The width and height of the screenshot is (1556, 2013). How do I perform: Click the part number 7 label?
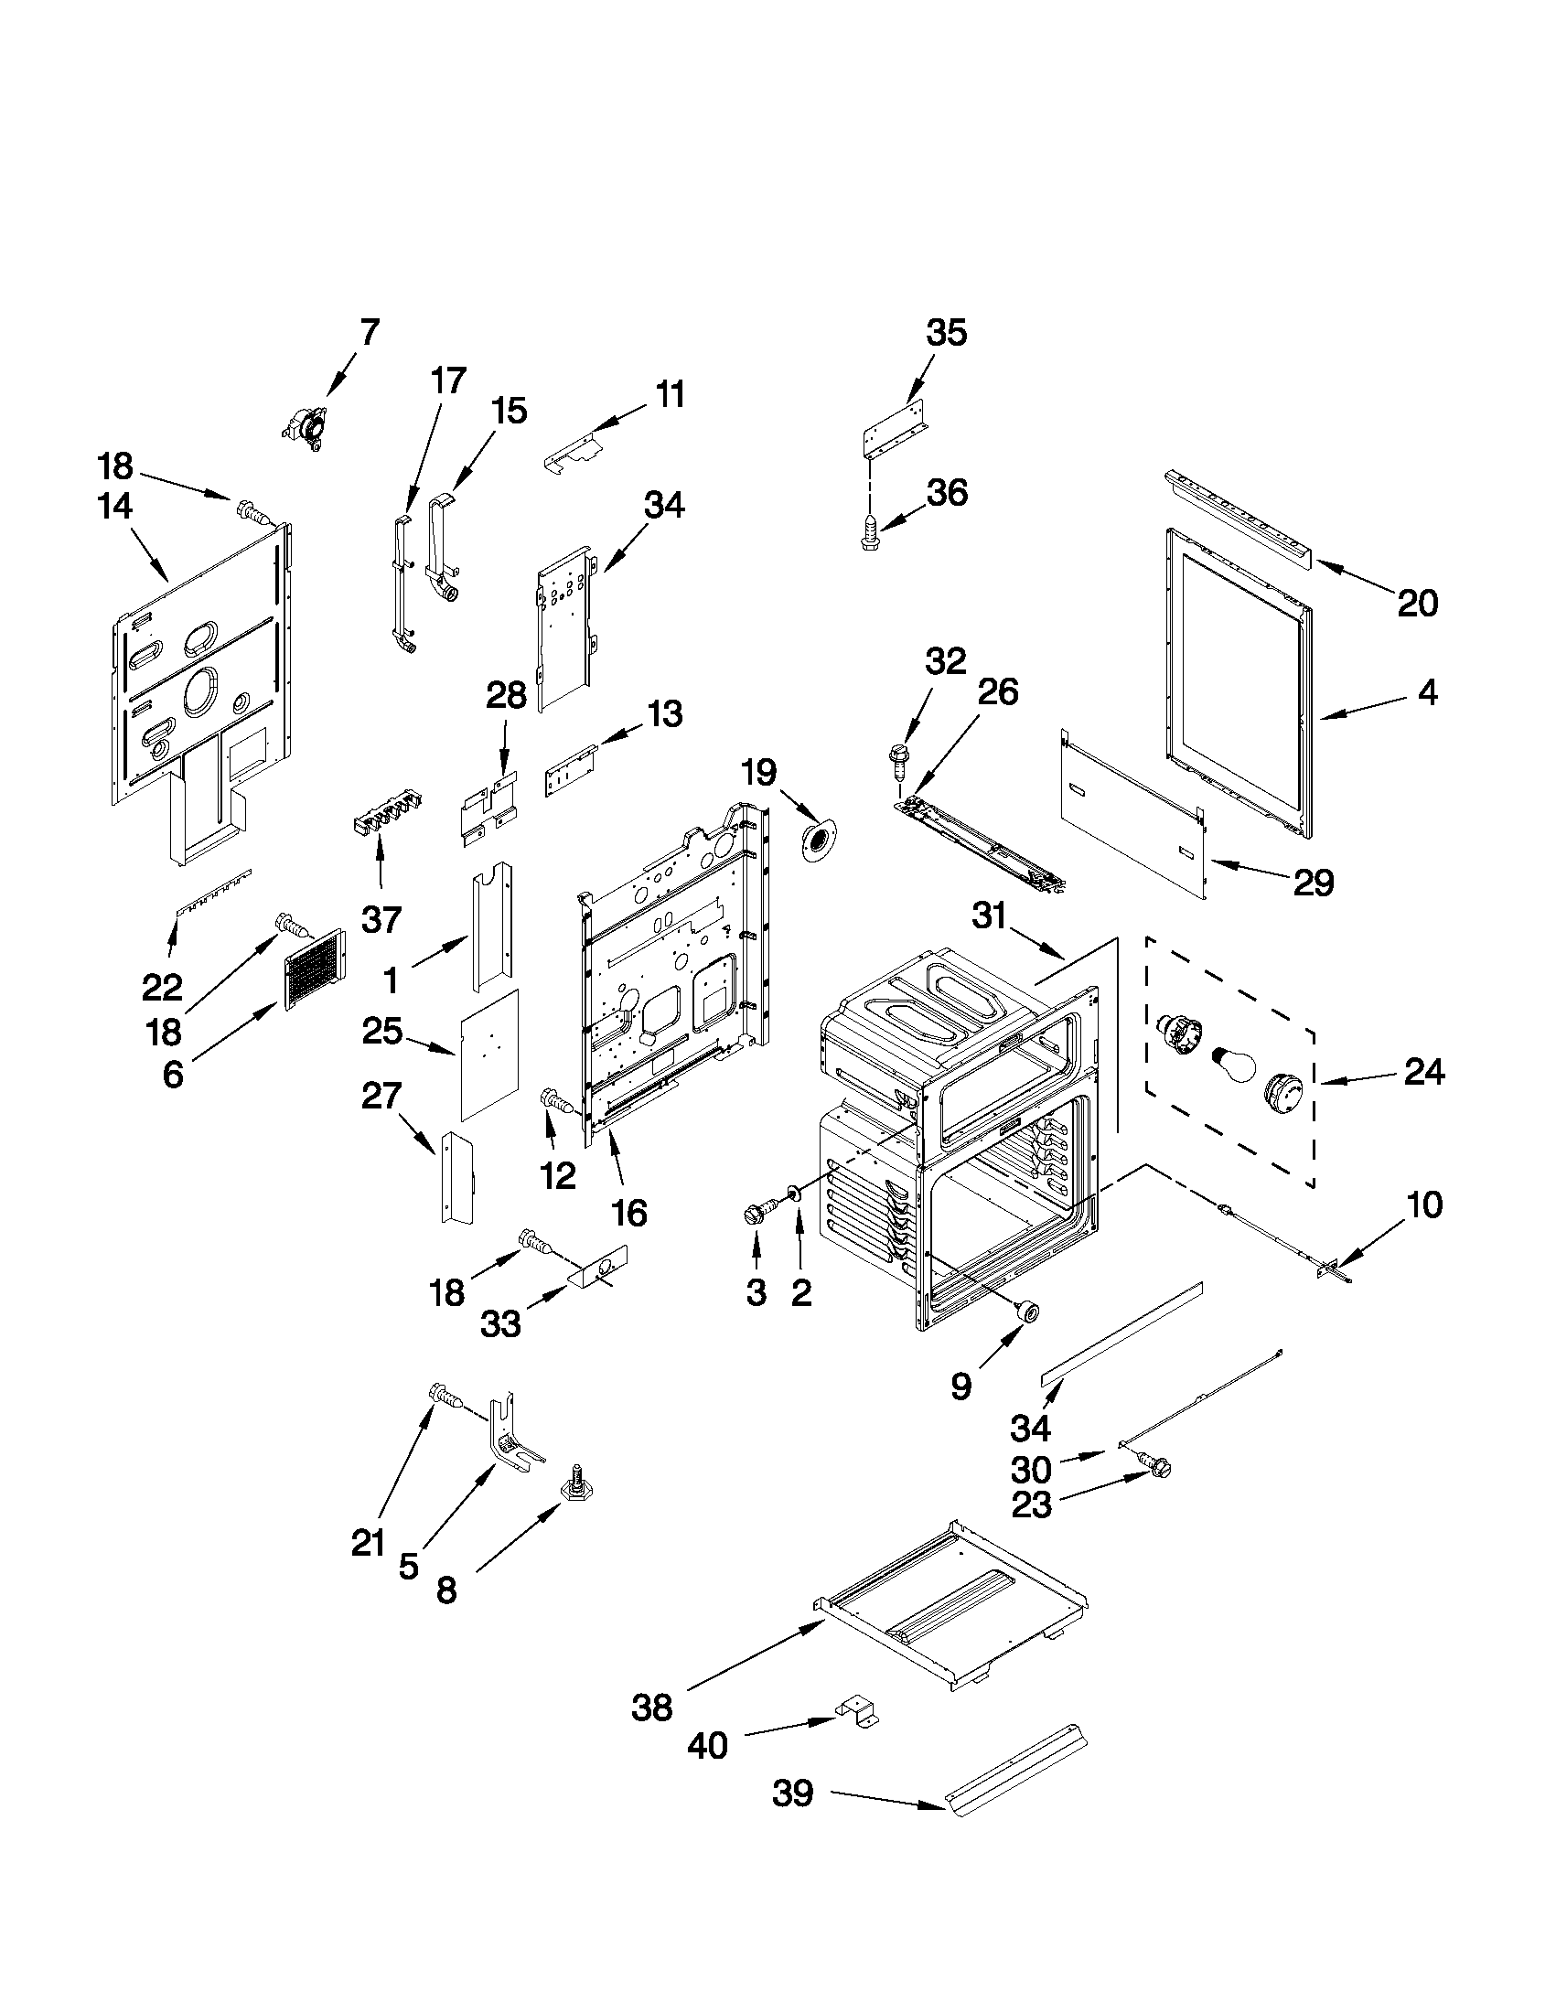point(369,333)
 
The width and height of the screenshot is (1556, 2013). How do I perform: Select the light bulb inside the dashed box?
point(1231,1067)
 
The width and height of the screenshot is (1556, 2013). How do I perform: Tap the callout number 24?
point(1424,1072)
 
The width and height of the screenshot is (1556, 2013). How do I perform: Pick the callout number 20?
point(1417,604)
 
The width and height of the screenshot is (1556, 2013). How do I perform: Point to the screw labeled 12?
point(554,1099)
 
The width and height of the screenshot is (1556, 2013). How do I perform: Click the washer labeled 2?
point(790,1199)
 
